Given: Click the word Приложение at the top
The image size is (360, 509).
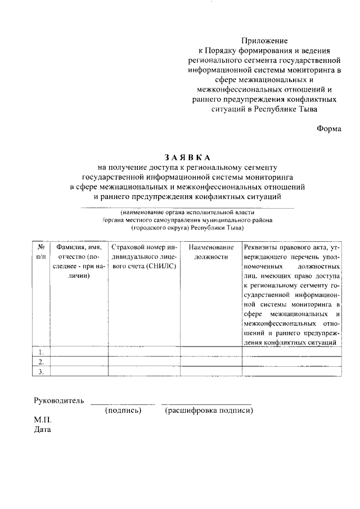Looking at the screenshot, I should click(x=264, y=40).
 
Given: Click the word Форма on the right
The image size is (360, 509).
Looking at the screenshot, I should click(x=329, y=128).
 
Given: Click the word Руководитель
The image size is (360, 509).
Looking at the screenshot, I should click(x=59, y=401).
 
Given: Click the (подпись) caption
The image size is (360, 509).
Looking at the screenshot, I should click(x=123, y=411).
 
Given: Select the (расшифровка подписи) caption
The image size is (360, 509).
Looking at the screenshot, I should click(x=209, y=411).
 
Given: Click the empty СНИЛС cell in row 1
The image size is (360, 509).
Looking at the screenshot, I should click(x=145, y=352).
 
